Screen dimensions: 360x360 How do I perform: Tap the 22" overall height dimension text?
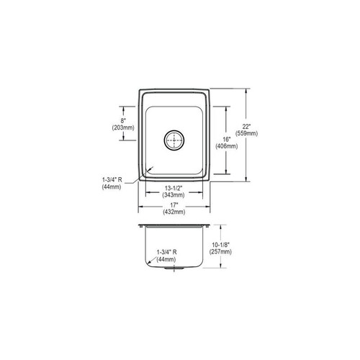pos(246,126)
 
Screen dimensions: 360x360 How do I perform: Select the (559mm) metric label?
pos(246,133)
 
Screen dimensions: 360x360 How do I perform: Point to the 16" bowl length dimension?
pos(226,139)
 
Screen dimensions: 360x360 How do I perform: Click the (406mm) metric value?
pos(226,146)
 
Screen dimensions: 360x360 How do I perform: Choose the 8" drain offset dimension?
pos(123,121)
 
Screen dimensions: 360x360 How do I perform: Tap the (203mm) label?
pos(123,127)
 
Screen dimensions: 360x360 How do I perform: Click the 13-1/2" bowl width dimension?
pos(174,189)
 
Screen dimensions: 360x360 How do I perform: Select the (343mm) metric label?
pos(174,195)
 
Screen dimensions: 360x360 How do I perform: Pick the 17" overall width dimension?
pos(174,205)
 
